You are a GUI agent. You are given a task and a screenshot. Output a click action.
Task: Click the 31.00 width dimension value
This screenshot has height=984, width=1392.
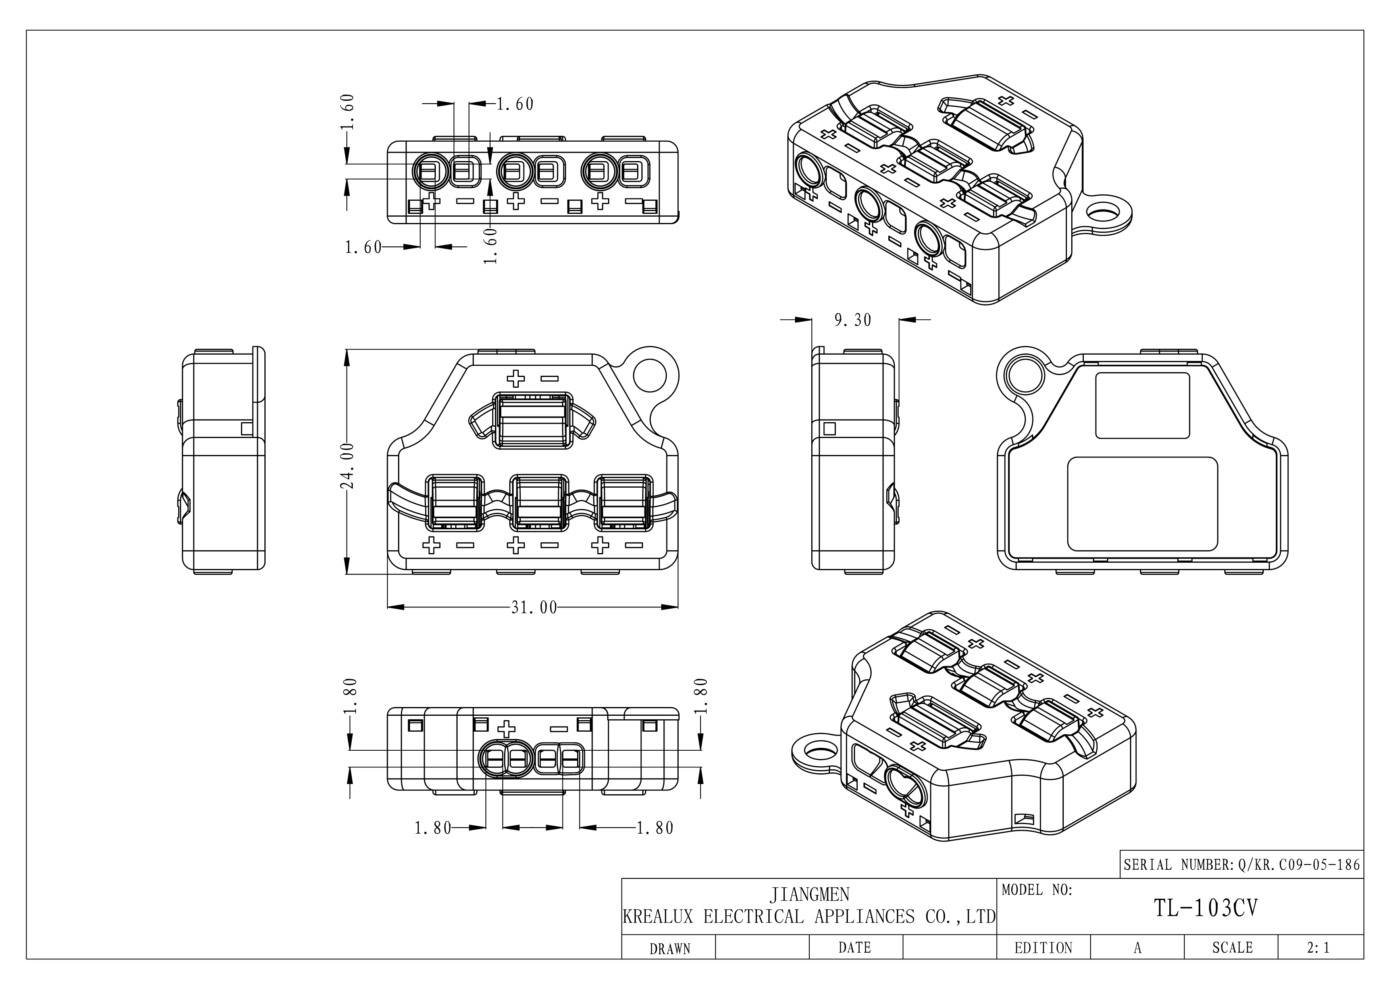[533, 608]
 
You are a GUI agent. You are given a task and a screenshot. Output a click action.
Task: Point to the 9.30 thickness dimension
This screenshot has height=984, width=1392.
[853, 320]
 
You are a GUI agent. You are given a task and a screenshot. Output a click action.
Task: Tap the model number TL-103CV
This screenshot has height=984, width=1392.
[1205, 908]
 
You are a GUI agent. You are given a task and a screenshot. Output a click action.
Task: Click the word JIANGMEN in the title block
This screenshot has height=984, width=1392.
[809, 894]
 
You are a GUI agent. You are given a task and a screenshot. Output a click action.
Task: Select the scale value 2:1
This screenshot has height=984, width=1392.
[1318, 947]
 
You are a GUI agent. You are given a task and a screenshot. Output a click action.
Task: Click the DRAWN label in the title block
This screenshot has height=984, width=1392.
[669, 949]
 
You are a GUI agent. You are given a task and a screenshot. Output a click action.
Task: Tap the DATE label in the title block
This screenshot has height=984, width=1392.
[854, 947]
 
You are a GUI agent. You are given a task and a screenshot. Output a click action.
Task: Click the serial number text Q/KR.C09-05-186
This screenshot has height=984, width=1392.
[1299, 865]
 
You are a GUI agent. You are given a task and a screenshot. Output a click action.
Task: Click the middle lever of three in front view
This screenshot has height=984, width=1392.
[539, 502]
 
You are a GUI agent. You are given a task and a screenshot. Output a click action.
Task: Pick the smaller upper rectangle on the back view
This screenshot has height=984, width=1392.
[1142, 406]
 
